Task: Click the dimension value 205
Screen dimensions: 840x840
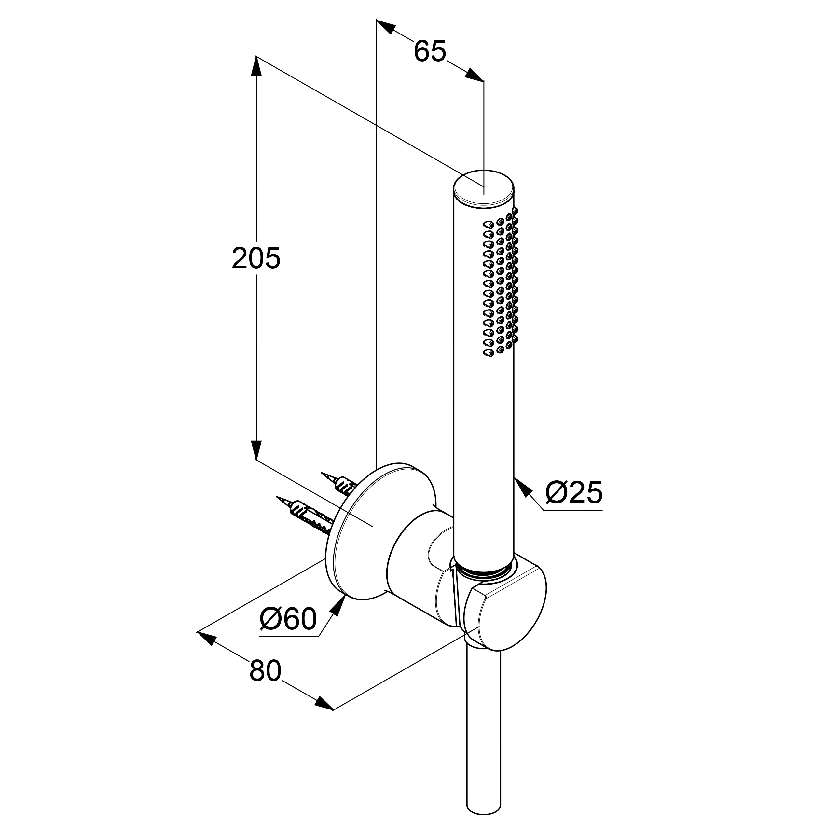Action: pos(256,258)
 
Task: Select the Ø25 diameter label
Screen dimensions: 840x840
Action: pos(574,493)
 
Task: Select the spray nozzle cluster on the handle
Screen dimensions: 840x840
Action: pos(501,282)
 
